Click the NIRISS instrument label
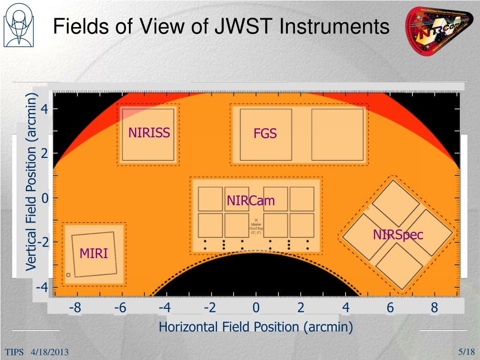click(x=149, y=133)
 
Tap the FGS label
click(x=265, y=134)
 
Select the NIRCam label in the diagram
click(x=251, y=201)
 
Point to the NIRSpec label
click(x=398, y=234)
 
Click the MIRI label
click(x=94, y=254)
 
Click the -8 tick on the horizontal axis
click(x=75, y=308)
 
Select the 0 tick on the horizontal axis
click(x=256, y=308)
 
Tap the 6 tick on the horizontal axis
click(x=390, y=308)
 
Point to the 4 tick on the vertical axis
click(x=44, y=109)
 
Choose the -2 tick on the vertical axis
click(x=42, y=242)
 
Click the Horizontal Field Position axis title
click(x=256, y=327)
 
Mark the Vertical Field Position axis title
click(x=31, y=181)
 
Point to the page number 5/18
click(x=467, y=352)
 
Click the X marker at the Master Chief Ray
click(x=256, y=220)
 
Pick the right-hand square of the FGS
click(x=337, y=134)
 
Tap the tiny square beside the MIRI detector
click(x=68, y=275)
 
